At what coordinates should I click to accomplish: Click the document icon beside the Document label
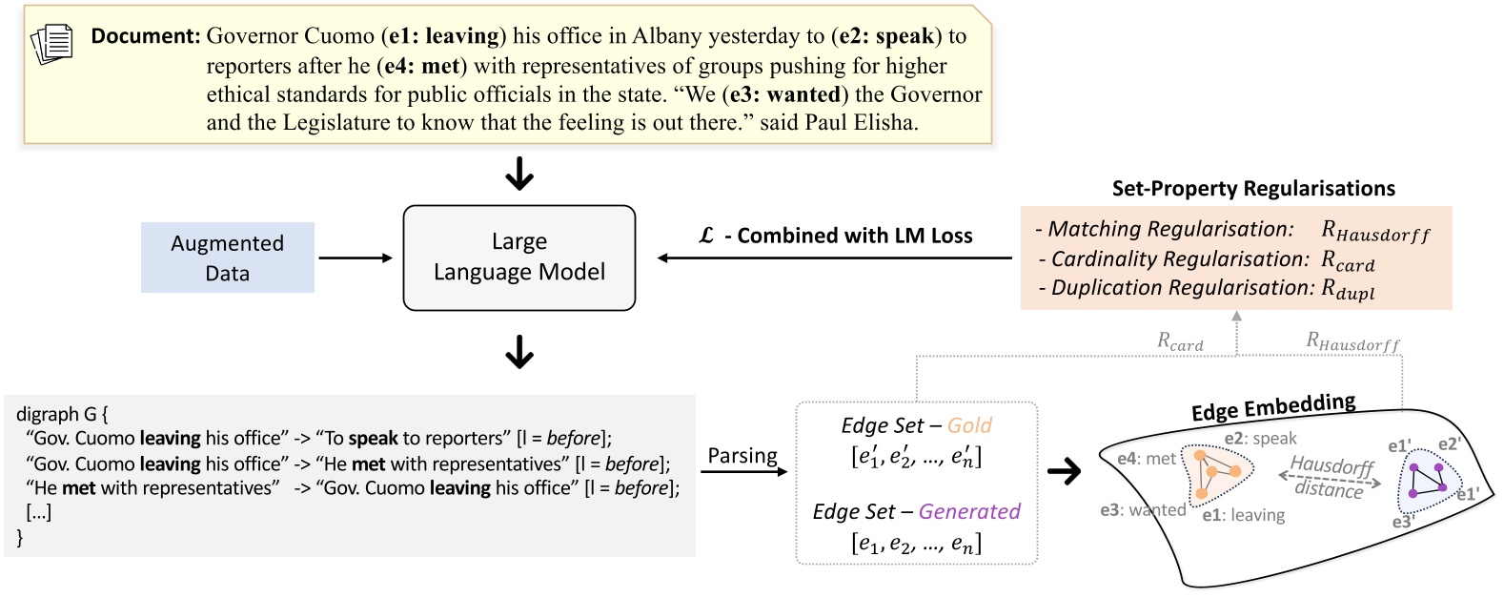point(52,43)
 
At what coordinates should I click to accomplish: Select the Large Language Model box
point(518,258)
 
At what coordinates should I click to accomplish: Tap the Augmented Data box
point(227,258)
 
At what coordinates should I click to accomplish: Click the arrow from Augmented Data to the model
point(356,258)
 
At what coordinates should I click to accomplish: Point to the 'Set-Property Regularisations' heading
point(1253,188)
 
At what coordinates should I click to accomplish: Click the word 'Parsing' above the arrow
point(742,456)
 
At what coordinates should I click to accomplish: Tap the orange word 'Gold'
point(969,425)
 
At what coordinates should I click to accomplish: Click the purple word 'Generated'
point(969,511)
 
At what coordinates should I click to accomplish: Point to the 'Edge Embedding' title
point(1273,407)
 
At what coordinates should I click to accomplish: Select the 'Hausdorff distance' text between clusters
point(1331,477)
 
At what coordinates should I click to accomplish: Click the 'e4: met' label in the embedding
point(1147,459)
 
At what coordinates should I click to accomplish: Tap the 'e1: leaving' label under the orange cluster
point(1244,515)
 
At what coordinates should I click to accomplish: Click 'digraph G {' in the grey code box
point(62,414)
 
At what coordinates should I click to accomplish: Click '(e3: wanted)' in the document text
point(785,94)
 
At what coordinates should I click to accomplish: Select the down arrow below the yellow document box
point(519,175)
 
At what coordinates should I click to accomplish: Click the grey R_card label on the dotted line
point(1180,341)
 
